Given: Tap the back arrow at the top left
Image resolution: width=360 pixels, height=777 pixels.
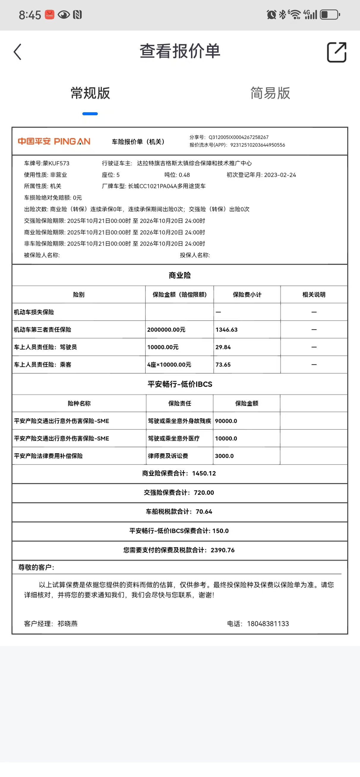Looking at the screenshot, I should click(18, 52).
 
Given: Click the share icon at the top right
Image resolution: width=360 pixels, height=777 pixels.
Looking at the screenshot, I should click(337, 52).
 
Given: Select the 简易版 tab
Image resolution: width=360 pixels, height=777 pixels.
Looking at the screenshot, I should click(270, 93).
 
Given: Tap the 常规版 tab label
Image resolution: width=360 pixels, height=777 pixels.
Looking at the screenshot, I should click(90, 93).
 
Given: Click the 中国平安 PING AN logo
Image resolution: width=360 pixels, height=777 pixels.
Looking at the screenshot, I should click(54, 141).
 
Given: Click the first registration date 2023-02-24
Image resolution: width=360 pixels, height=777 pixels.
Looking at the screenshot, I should click(280, 175).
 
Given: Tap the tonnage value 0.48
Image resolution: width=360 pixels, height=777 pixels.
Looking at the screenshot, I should click(184, 175).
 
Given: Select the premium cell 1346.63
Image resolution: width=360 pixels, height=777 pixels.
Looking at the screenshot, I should click(226, 330).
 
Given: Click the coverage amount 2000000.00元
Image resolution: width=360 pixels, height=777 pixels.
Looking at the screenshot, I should click(166, 330).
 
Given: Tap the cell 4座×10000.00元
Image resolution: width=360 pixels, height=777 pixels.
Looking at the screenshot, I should click(169, 365).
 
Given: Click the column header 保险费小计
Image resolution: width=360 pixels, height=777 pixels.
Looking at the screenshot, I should click(247, 295).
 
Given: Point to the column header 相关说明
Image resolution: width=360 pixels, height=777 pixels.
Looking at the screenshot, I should click(314, 295).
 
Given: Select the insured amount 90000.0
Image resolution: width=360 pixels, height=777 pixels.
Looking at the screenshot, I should click(226, 421).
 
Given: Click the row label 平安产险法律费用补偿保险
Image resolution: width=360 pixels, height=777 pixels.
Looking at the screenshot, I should click(48, 456).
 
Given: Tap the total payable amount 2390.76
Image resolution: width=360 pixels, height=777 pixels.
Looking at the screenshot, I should click(222, 550).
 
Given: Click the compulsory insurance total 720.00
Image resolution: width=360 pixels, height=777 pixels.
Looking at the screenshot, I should click(204, 492).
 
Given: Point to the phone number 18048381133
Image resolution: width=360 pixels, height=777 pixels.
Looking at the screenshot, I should click(268, 624).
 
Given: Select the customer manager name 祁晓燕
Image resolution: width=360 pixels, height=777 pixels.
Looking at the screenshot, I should click(68, 624).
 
